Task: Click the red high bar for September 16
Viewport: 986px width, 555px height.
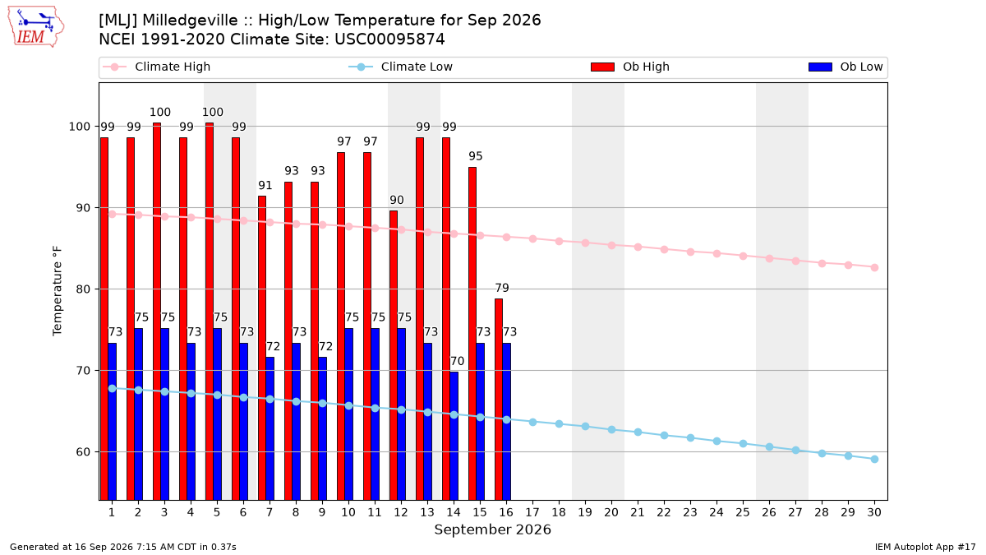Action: (499, 400)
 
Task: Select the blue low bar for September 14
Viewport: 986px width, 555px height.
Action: (454, 436)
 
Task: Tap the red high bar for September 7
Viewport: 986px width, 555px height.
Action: (262, 348)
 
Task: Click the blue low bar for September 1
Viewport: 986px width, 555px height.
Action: (113, 422)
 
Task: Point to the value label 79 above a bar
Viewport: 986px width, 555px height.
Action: (502, 288)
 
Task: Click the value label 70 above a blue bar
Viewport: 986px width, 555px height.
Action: (457, 361)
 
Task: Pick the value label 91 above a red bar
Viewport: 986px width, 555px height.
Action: (265, 186)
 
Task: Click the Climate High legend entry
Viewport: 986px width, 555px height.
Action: (157, 67)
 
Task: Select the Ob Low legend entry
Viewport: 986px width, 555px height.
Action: (845, 67)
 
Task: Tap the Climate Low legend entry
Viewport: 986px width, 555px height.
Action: (401, 67)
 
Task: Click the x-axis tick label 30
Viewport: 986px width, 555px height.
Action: (874, 512)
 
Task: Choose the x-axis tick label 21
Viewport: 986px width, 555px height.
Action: (638, 512)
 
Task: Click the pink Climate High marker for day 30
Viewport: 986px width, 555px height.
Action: (874, 268)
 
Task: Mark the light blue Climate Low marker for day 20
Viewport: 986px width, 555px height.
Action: (611, 429)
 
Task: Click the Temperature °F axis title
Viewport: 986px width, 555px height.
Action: (58, 291)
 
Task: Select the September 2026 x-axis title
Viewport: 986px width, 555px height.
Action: (492, 530)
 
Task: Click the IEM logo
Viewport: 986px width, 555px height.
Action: (36, 27)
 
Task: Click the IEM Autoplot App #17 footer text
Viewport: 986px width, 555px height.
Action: (925, 547)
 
